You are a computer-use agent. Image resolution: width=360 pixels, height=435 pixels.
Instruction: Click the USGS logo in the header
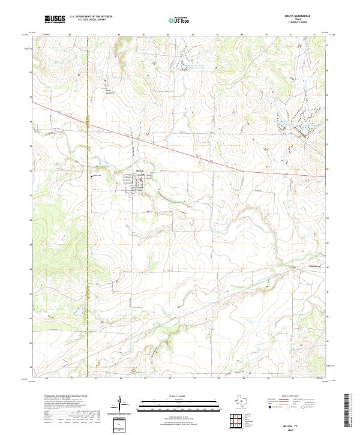click(55, 19)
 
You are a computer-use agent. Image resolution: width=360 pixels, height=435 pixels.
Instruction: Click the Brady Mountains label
click(110, 92)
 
